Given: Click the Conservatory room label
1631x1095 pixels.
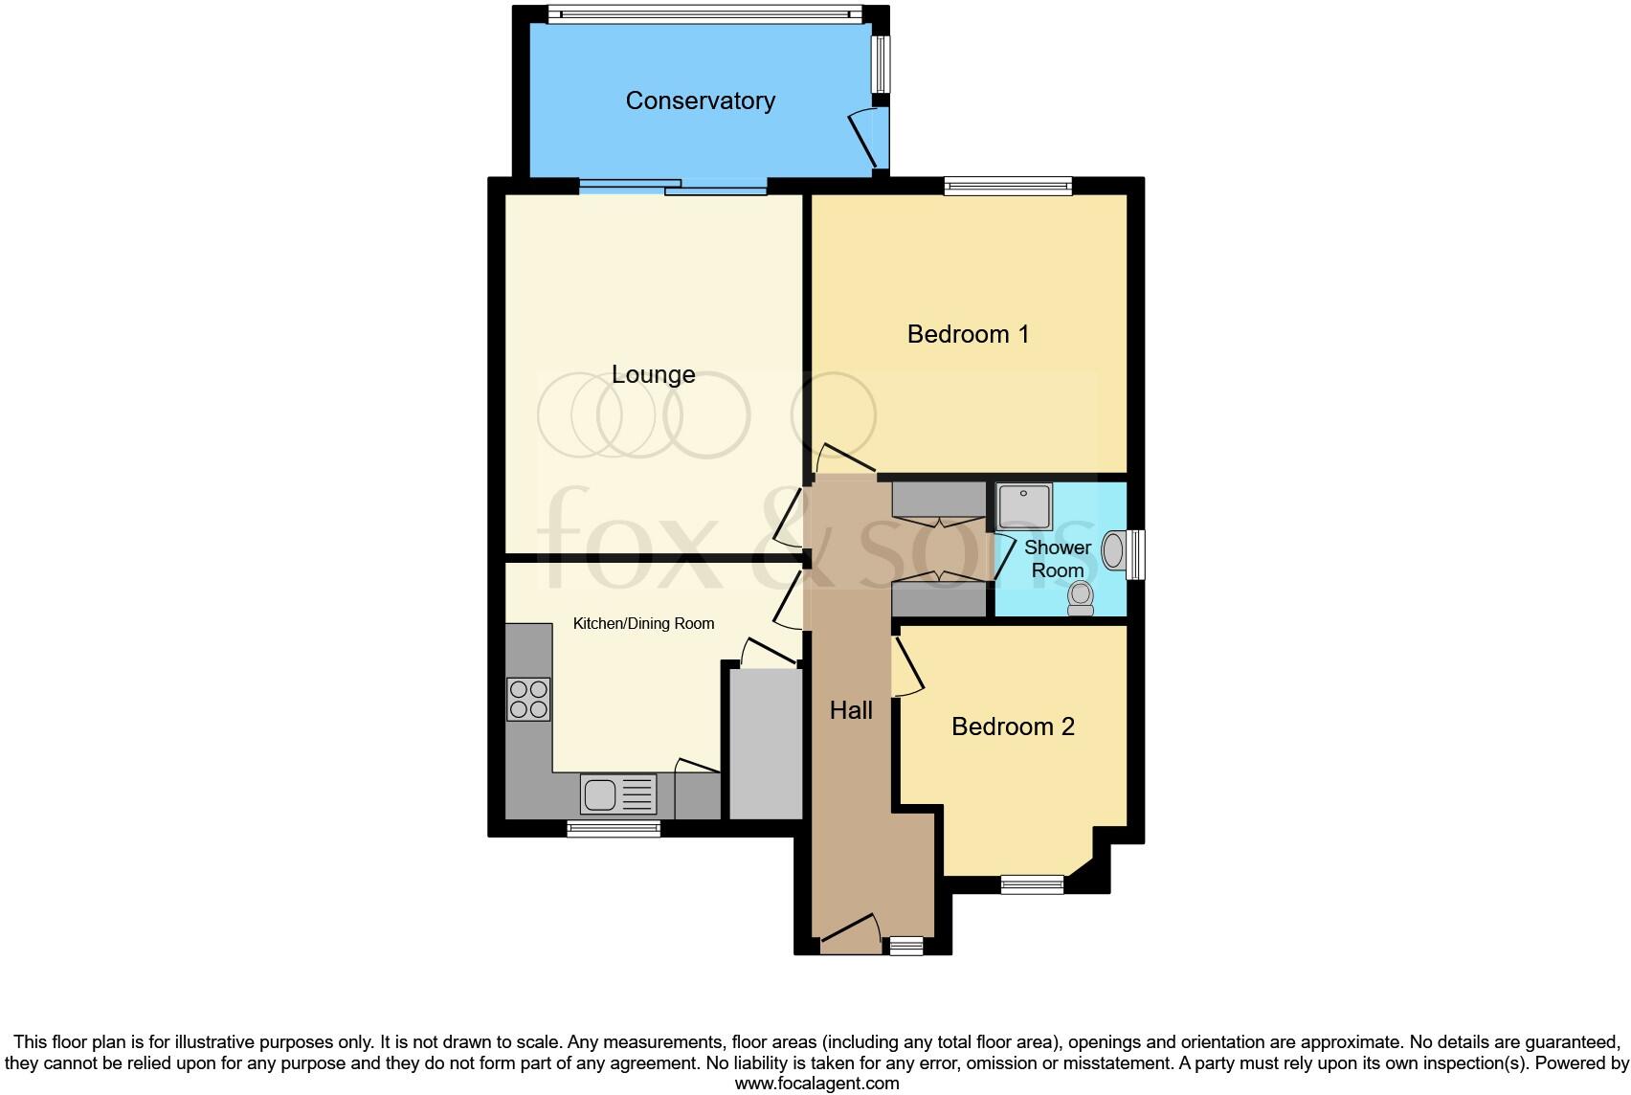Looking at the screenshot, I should click(700, 101).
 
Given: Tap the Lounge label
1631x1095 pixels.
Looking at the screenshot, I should click(653, 374).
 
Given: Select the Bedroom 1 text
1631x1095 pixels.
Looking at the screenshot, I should click(968, 334).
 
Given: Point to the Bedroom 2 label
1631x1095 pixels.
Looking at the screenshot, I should click(1013, 726).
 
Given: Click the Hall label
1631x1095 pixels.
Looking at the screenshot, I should click(851, 710).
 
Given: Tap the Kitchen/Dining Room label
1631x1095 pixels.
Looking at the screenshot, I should click(643, 624).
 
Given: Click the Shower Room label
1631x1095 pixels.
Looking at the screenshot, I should click(1058, 559).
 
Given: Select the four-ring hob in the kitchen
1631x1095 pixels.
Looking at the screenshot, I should click(528, 699).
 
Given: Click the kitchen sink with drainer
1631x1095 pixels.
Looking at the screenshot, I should click(618, 794).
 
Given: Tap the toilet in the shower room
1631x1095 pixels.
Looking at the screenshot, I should click(1081, 598).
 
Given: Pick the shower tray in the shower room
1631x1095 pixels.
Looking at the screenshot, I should click(1024, 507).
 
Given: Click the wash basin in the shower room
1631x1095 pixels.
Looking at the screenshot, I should click(1114, 551).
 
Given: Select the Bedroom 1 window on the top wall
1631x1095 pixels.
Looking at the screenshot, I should click(1007, 187).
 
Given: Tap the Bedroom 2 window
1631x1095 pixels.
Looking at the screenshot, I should click(1032, 884).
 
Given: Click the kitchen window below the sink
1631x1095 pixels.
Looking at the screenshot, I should click(614, 829).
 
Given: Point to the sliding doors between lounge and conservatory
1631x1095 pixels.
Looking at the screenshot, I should click(672, 188).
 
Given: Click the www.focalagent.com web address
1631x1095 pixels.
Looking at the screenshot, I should click(816, 1084).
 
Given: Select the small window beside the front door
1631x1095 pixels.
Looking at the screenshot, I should click(905, 947).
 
